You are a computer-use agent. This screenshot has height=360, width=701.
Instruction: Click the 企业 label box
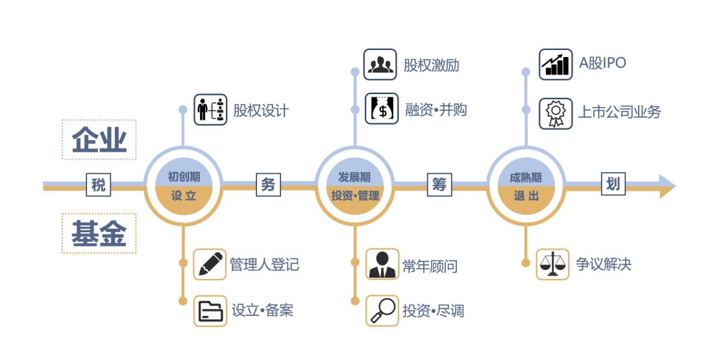pos(99,139)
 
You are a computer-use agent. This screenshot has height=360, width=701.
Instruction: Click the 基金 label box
pos(99,234)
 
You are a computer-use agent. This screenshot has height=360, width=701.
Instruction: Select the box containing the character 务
pos(268,186)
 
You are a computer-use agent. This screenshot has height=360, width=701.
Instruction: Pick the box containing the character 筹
pos(439,186)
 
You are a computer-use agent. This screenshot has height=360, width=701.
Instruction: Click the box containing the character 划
pos(613,185)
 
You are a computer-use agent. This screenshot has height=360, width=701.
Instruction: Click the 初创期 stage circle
pos(183,186)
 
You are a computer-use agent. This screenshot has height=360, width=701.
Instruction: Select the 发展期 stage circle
pos(354,186)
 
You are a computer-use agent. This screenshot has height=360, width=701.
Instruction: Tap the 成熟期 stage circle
pos(525,186)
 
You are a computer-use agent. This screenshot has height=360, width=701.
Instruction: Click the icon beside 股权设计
pos(210,110)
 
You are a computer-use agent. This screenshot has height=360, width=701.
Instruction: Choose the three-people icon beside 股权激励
pos(380,65)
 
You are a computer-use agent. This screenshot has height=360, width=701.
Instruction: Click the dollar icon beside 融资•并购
pos(381,109)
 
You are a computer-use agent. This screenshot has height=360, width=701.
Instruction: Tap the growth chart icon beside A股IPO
pos(556,65)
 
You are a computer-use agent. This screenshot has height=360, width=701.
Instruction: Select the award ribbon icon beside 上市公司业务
pos(555,114)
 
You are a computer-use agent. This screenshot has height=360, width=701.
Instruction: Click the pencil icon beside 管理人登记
pos(210,263)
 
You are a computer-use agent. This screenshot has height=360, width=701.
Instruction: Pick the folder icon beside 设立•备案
pos(210,311)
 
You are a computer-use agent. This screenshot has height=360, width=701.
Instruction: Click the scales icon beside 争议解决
pos(552,264)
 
